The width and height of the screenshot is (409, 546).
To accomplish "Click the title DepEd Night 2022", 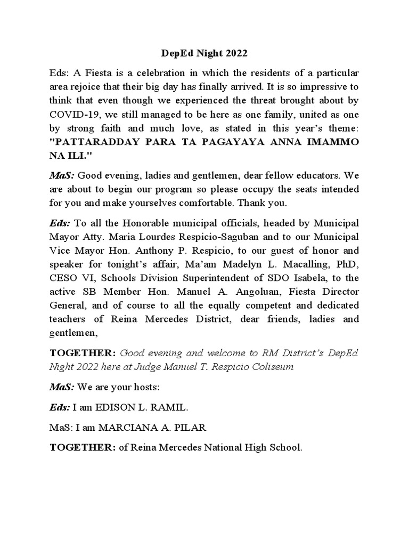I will tap(204, 54).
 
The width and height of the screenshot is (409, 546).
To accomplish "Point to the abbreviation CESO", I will tap(64, 278).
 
